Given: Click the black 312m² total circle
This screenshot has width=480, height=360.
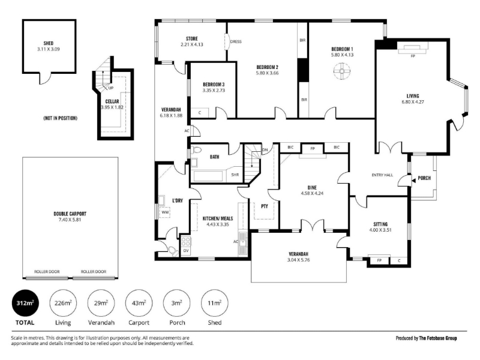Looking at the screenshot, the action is pyautogui.click(x=25, y=303).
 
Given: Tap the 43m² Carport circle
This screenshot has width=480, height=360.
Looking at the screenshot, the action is pyautogui.click(x=139, y=303).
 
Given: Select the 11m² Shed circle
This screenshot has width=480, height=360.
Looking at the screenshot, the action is pyautogui.click(x=215, y=303).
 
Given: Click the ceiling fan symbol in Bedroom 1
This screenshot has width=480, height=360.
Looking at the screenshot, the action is pyautogui.click(x=341, y=71).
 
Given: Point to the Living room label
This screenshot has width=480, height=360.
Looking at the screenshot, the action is pyautogui.click(x=413, y=96).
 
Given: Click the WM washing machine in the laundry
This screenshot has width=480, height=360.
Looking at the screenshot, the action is pyautogui.click(x=164, y=212).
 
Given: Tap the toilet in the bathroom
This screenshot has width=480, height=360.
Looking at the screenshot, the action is pyautogui.click(x=196, y=150).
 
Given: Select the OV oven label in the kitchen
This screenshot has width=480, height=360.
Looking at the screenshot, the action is pyautogui.click(x=186, y=251).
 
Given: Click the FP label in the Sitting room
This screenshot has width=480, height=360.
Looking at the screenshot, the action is pyautogui.click(x=379, y=260).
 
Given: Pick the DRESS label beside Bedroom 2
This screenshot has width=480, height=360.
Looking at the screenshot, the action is pyautogui.click(x=236, y=41).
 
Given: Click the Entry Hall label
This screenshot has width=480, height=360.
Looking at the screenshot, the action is pyautogui.click(x=382, y=175).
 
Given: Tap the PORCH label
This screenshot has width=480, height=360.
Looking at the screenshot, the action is pyautogui.click(x=424, y=178).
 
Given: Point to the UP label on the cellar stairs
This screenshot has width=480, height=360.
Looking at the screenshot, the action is pyautogui.click(x=111, y=88).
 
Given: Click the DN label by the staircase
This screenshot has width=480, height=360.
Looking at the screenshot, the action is pyautogui.click(x=265, y=150).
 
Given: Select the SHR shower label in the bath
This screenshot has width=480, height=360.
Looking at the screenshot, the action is pyautogui.click(x=235, y=175).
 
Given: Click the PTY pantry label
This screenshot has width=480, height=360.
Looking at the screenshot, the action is pyautogui.click(x=265, y=206).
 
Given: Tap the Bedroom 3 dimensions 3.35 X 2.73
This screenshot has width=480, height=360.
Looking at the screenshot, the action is pyautogui.click(x=214, y=91).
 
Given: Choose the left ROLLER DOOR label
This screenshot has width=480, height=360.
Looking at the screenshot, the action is pyautogui.click(x=47, y=272).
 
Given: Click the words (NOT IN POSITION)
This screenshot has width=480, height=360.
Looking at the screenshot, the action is pyautogui.click(x=61, y=118).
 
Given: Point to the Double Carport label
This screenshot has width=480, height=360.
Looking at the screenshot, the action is pyautogui.click(x=70, y=214).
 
